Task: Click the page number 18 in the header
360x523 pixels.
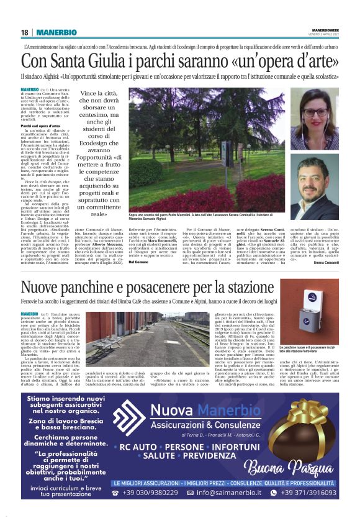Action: [24, 32]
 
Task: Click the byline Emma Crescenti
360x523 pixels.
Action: [326, 263]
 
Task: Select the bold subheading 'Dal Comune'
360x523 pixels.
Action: [139, 261]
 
